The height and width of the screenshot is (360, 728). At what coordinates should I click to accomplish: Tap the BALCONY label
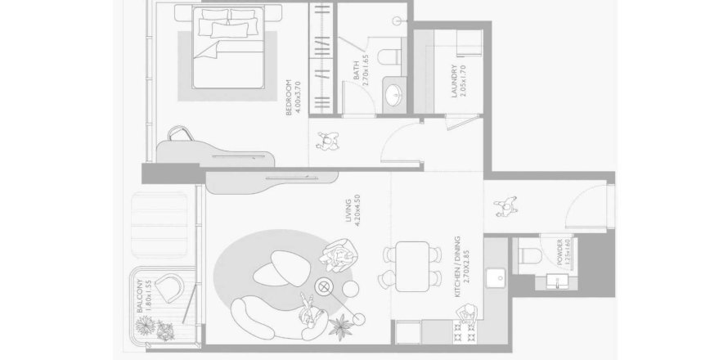(x=144, y=300)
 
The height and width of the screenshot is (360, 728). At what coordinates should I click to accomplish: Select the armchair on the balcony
(x=169, y=289)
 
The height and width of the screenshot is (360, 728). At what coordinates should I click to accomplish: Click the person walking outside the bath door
(x=328, y=144)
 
